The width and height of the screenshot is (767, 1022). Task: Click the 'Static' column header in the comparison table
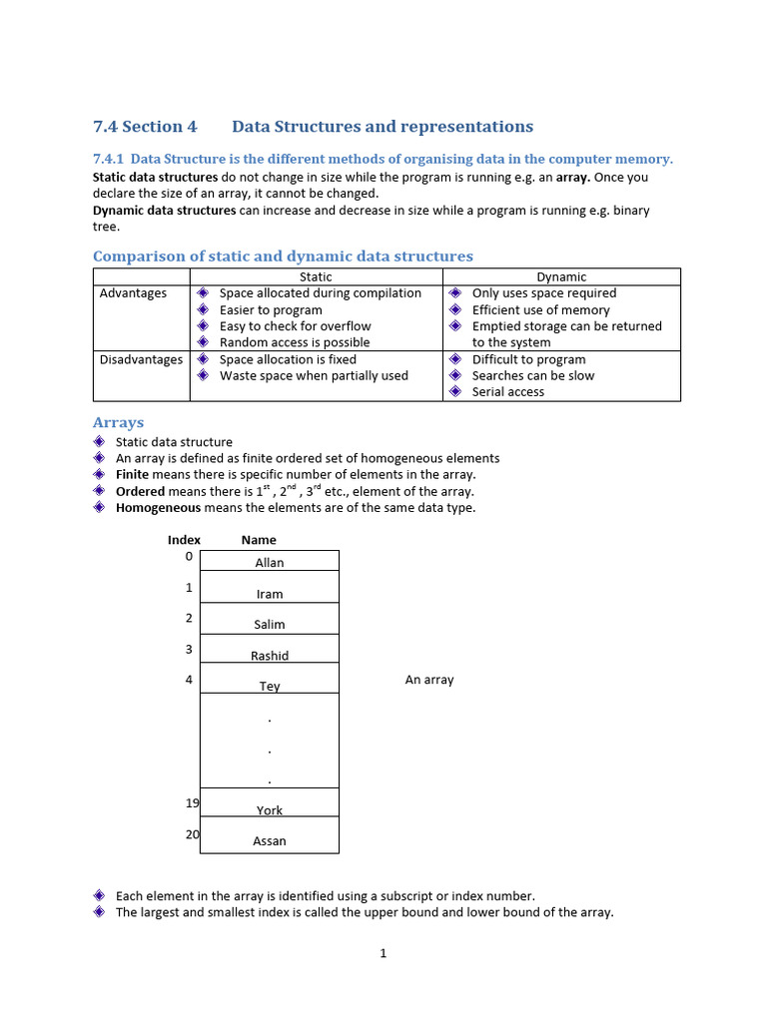pyautogui.click(x=316, y=276)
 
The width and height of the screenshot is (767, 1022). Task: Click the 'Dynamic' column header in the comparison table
pyautogui.click(x=561, y=276)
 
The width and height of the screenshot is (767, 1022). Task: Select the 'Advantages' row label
pyautogui.click(x=133, y=293)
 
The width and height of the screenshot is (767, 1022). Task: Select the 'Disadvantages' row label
pyautogui.click(x=141, y=359)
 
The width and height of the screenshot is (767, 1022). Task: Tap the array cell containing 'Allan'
pyautogui.click(x=270, y=561)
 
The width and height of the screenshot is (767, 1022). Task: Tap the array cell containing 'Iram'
pyautogui.click(x=270, y=592)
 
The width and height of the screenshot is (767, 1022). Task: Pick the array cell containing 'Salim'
pyautogui.click(x=270, y=623)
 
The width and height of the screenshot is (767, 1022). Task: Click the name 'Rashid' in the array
pyautogui.click(x=270, y=656)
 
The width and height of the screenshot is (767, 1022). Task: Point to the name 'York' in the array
pyautogui.click(x=270, y=810)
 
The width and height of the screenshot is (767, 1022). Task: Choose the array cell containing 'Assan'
pyautogui.click(x=270, y=839)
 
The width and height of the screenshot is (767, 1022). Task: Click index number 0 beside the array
pyautogui.click(x=189, y=556)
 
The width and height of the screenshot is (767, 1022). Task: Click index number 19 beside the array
pyautogui.click(x=192, y=802)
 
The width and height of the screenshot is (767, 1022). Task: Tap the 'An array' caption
pyautogui.click(x=429, y=680)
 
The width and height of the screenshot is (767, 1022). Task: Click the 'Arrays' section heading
pyautogui.click(x=118, y=422)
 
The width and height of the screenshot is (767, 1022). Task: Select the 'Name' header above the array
pyautogui.click(x=259, y=540)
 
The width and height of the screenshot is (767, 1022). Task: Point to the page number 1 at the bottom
pyautogui.click(x=383, y=953)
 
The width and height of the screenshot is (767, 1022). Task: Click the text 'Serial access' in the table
pyautogui.click(x=508, y=392)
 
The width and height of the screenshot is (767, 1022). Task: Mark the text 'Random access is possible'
pyautogui.click(x=295, y=342)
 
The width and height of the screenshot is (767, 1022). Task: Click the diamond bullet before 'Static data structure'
pyautogui.click(x=99, y=441)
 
